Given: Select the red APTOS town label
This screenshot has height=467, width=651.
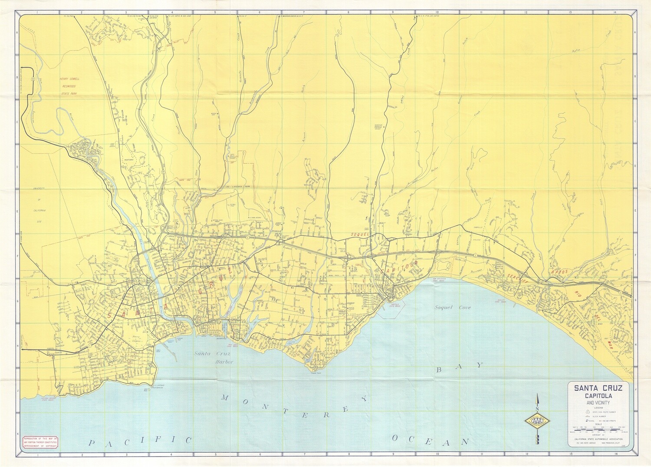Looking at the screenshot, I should pyautogui.click(x=560, y=272).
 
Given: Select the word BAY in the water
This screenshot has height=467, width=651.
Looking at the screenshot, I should pyautogui.click(x=459, y=367).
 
